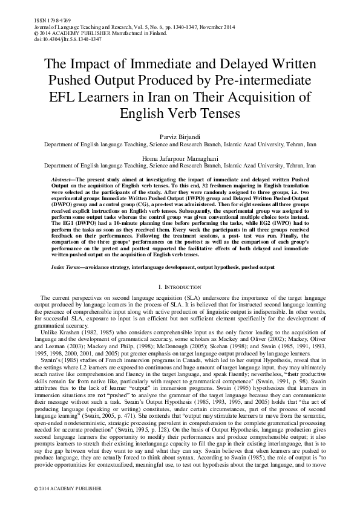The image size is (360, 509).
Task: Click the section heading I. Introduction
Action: pyautogui.click(x=180, y=285)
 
